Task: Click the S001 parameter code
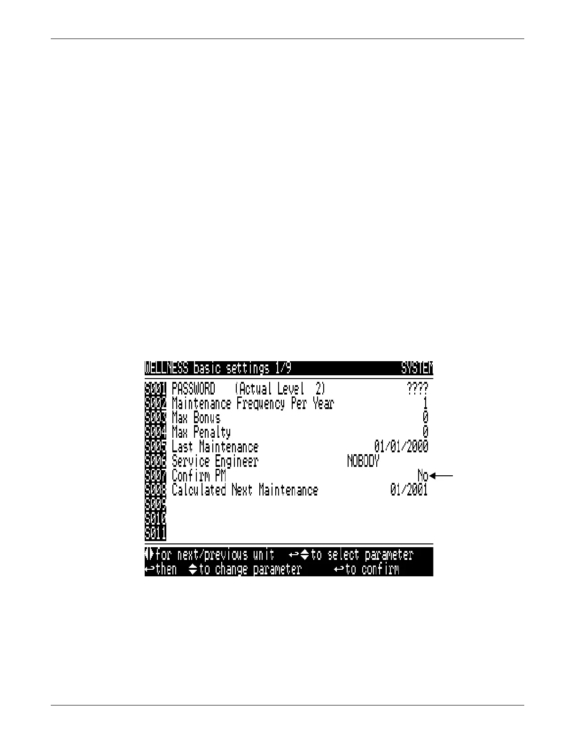[155, 389]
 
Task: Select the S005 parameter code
[155, 447]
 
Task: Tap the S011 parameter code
[155, 534]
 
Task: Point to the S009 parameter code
[155, 504]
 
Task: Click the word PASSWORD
[194, 389]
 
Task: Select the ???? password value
[417, 389]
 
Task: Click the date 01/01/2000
[401, 447]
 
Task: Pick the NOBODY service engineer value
[363, 461]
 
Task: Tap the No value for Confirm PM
[423, 476]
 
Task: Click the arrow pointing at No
[442, 476]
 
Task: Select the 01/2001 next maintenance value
[409, 490]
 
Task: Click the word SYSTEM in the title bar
[417, 368]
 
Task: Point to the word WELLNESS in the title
[167, 368]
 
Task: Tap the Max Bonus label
[196, 418]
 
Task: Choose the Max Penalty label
[201, 432]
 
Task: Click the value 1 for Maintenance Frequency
[425, 403]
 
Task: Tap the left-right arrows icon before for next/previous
[149, 554]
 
